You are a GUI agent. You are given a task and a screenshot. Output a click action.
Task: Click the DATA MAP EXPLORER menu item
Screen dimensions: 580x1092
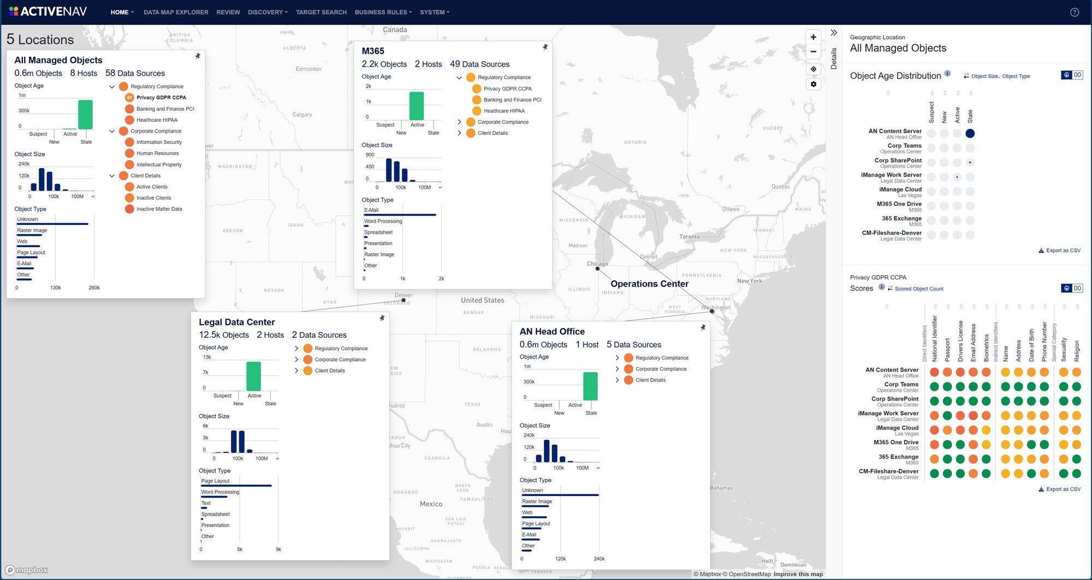click(176, 12)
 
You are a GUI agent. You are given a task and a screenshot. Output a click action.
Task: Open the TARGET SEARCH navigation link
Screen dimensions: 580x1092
click(321, 12)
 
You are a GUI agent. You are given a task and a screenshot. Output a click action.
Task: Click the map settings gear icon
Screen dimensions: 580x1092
click(814, 84)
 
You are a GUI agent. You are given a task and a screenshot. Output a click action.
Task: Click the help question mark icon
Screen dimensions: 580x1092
click(1075, 12)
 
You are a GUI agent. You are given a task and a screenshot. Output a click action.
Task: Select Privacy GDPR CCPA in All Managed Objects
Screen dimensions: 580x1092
click(161, 98)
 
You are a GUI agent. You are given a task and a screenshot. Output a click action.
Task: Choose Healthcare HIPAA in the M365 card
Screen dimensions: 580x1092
click(503, 111)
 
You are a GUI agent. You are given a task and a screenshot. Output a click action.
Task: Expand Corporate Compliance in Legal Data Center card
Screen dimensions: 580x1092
click(296, 360)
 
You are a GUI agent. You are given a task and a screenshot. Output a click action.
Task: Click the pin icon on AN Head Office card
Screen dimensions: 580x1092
click(703, 327)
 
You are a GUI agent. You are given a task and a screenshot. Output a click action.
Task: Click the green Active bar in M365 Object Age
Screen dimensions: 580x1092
click(417, 106)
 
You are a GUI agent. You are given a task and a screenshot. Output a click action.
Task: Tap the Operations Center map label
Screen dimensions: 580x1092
click(649, 284)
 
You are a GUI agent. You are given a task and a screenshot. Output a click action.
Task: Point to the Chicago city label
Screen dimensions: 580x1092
click(597, 264)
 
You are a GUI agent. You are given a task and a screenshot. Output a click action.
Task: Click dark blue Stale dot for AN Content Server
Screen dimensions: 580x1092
click(970, 133)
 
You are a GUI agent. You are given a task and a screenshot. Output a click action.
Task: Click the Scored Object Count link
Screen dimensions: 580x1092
click(918, 289)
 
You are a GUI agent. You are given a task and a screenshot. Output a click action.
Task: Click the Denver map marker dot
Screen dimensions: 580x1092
click(403, 300)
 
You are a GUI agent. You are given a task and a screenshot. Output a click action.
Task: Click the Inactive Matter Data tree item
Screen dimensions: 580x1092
click(159, 209)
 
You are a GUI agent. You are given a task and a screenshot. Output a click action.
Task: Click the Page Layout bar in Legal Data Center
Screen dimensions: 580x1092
click(236, 486)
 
